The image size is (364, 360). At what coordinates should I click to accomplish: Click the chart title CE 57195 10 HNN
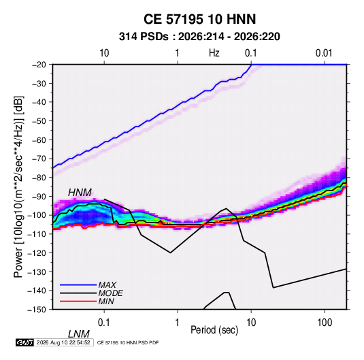pos(199,19)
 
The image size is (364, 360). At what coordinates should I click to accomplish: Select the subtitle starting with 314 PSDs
pos(199,37)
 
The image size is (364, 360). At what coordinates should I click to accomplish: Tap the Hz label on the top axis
pos(214,53)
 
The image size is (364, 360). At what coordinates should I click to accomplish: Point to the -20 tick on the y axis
pos(39,65)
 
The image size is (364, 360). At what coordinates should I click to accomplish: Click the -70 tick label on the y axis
pos(39,159)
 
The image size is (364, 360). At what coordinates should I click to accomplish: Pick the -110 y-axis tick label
pos(37,234)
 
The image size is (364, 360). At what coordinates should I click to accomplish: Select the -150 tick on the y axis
pos(37,310)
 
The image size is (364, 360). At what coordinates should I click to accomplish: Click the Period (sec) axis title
pos(214,329)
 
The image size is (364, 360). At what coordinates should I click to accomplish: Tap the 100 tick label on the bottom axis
pos(325,323)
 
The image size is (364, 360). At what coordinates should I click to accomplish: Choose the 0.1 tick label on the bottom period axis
pos(104,323)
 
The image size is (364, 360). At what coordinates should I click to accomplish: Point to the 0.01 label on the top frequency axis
pos(324,53)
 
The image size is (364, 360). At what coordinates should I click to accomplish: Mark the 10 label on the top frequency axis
pos(104,53)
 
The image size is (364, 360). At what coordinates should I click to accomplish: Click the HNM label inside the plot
pos(80,193)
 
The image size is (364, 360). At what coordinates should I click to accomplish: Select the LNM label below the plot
pos(79,334)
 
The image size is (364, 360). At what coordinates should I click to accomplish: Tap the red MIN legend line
pos(78,301)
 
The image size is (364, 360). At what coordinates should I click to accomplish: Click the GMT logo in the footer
pos(24,342)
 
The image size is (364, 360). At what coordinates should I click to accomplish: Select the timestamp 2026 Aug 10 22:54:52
pos(63,342)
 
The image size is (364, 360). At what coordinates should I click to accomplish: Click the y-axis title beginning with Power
pos(18,186)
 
